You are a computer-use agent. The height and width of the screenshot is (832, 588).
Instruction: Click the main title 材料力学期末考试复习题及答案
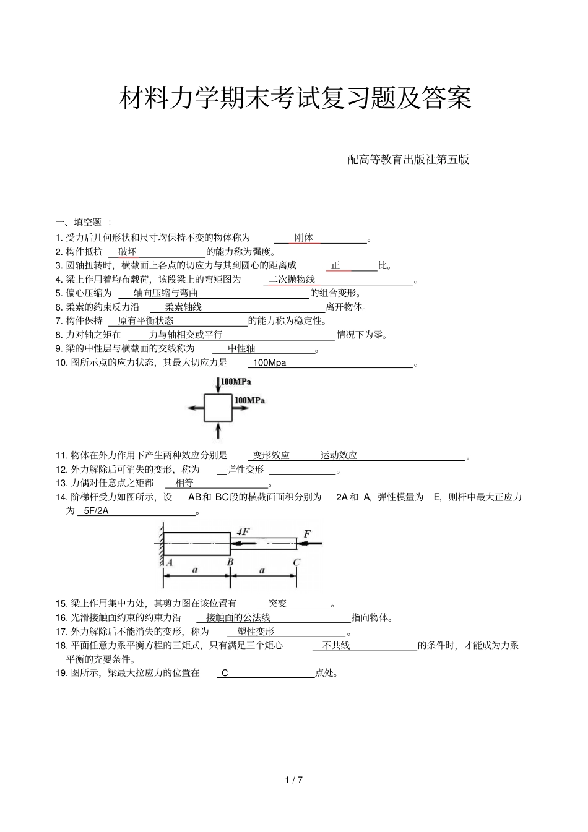295,98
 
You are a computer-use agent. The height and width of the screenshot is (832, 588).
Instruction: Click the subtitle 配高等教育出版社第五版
409,160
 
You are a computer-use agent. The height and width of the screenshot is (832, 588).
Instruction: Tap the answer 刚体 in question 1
304,238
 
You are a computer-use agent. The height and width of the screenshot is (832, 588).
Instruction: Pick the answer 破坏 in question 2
128,252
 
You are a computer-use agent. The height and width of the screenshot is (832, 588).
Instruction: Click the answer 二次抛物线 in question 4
292,280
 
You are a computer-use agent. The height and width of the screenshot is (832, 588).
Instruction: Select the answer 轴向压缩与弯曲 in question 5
166,293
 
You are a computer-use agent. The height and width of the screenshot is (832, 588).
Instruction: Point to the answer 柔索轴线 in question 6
183,307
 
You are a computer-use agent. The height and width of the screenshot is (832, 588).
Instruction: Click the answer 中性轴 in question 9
241,349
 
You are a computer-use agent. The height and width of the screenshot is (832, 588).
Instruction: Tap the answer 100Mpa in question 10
270,363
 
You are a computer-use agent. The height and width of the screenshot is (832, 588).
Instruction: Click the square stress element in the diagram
218,408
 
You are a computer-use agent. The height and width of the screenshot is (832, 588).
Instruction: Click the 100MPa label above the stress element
236,382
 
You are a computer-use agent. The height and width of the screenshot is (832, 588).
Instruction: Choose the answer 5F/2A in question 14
96,511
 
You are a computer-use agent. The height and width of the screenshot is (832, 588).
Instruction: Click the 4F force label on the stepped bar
243,532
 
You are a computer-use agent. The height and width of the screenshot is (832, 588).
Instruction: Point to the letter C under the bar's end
296,562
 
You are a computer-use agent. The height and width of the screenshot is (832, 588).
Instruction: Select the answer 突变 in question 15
277,604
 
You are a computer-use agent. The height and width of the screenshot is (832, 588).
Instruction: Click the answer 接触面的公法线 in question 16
238,618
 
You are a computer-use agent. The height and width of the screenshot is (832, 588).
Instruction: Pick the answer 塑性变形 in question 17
256,632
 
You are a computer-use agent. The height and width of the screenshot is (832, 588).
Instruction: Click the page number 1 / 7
294,780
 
